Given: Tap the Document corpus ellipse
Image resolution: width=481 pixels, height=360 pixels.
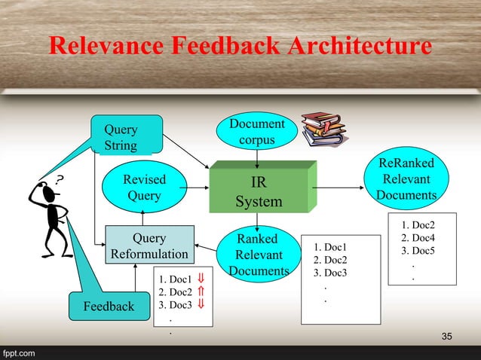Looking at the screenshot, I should coord(258,132).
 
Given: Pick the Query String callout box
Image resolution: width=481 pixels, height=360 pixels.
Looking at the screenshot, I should coord(126,136).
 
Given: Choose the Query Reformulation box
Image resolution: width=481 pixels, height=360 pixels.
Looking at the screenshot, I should coord(149,246).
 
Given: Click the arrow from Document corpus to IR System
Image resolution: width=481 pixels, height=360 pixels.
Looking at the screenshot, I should coord(258,155).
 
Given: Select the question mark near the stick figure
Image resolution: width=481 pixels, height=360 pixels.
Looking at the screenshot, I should coord(60,178).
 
